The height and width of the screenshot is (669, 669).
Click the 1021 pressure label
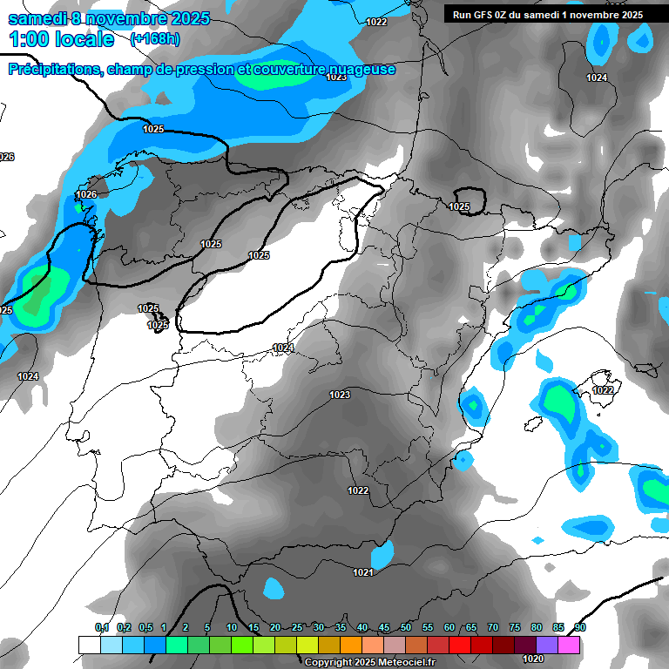point(364,572)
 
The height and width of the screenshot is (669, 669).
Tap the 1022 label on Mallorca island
point(603,390)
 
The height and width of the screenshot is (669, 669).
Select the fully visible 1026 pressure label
point(86,194)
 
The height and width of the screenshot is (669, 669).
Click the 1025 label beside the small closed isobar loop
point(459,206)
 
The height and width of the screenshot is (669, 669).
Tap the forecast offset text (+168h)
point(155,39)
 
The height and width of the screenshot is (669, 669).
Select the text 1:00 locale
point(62,39)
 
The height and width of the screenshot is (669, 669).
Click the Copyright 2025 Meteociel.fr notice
point(370,662)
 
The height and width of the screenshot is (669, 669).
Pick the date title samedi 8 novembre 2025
point(108,18)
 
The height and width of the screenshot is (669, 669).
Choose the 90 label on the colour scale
point(579,628)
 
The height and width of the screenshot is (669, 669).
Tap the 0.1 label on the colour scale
point(101,628)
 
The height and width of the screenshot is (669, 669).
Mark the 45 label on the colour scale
point(383,628)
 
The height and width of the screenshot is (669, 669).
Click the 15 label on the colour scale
point(253,628)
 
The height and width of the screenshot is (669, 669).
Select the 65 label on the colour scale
point(470,628)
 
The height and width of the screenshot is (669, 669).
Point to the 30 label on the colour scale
point(318,628)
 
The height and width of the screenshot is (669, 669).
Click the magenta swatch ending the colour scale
point(569,645)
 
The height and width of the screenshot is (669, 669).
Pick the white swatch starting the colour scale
point(89,645)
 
